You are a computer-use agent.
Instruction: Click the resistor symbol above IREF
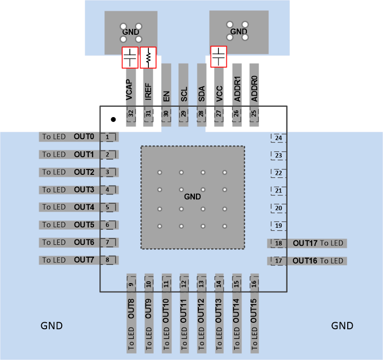point(148,57)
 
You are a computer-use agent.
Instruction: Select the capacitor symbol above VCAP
point(130,57)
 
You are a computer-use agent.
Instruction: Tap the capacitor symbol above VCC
point(218,56)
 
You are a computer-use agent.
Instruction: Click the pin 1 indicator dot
point(113,119)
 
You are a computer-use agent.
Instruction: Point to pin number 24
point(278,138)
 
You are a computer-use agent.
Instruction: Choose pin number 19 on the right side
point(278,226)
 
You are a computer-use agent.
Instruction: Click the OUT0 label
point(84,137)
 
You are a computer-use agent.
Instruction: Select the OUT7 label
point(84,260)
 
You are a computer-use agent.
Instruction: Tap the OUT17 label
point(306,243)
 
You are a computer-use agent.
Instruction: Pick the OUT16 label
point(306,261)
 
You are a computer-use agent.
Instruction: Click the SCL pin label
point(184,94)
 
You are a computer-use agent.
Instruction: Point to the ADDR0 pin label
point(254,89)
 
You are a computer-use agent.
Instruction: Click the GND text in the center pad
point(192,196)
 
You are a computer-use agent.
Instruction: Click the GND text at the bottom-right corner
point(342,326)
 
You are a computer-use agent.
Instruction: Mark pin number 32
point(131,114)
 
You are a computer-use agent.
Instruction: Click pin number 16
point(254,284)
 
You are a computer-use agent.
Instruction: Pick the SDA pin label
point(201,94)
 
